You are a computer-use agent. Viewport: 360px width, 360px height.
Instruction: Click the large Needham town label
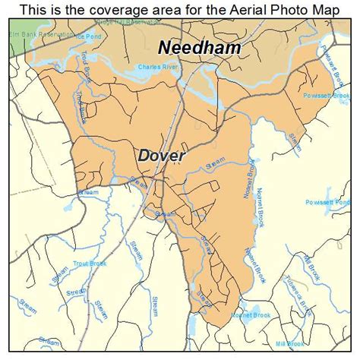click(200, 48)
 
